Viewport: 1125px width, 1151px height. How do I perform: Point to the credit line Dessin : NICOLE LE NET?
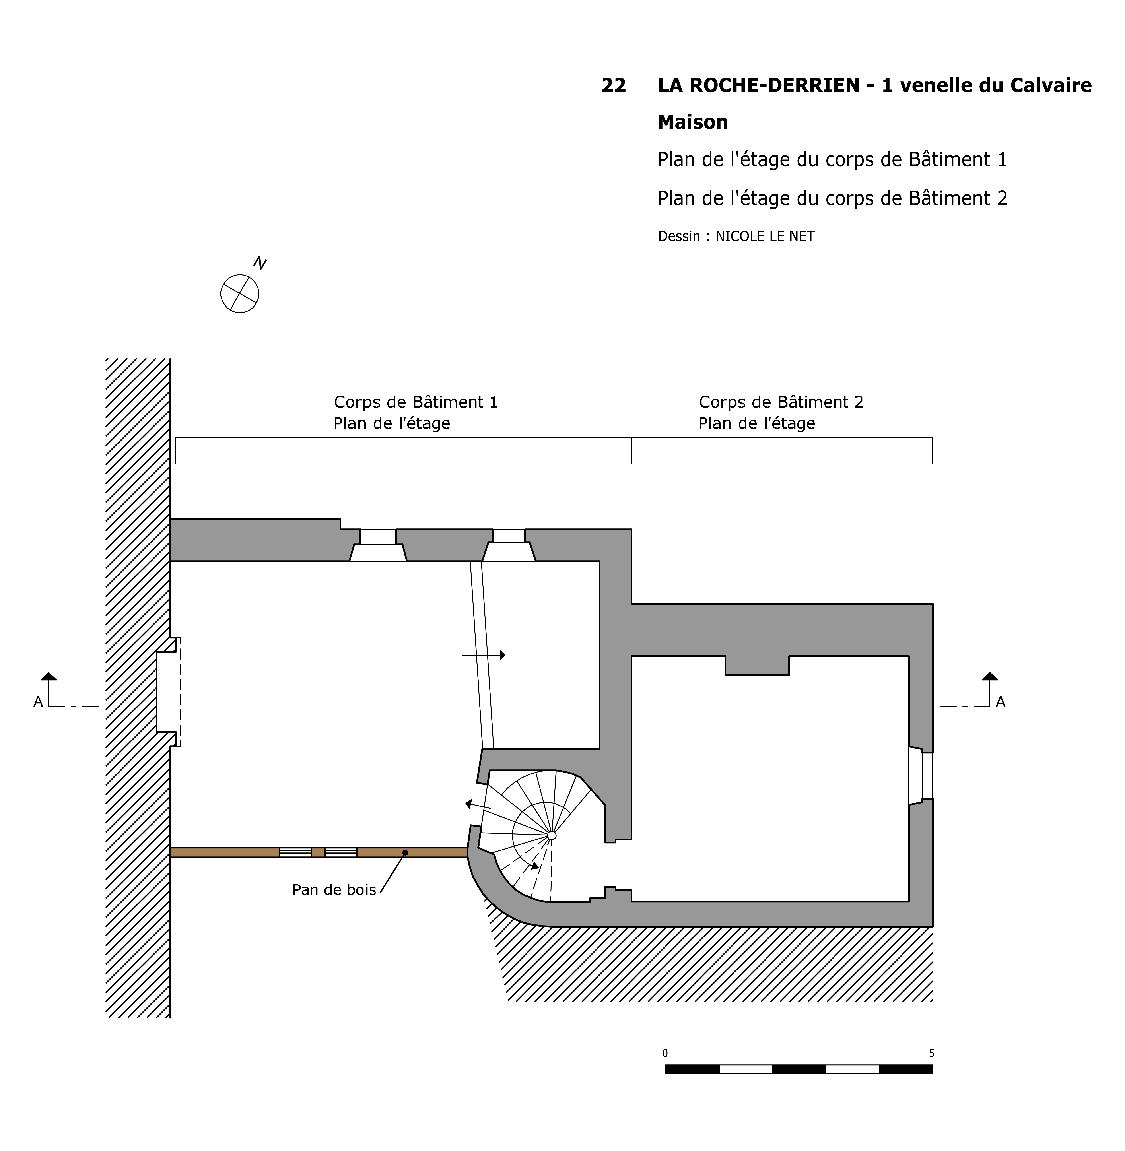pos(736,236)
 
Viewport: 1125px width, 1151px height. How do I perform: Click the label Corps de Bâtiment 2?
pos(781,402)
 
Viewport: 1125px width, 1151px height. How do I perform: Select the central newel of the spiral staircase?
pos(551,835)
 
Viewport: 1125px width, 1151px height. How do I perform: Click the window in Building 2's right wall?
pos(921,775)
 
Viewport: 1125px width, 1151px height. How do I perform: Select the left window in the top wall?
pos(378,545)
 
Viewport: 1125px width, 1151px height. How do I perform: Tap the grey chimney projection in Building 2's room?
pos(757,665)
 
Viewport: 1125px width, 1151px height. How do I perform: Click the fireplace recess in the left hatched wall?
pos(166,691)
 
